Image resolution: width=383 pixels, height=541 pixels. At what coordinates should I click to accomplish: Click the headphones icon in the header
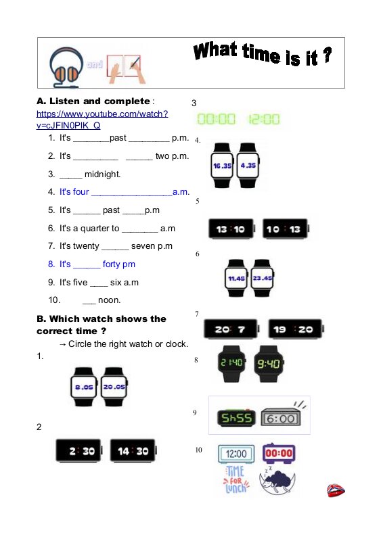click(x=66, y=67)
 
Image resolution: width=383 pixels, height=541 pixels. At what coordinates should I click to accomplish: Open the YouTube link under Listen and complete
click(x=102, y=120)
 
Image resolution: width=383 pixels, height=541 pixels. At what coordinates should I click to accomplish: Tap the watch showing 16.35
click(x=222, y=166)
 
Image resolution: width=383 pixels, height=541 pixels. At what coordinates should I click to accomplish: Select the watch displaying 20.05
click(x=114, y=387)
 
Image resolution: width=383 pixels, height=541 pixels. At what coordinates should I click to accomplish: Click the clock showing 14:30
click(x=133, y=450)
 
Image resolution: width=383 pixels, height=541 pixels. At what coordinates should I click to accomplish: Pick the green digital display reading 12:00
click(x=264, y=120)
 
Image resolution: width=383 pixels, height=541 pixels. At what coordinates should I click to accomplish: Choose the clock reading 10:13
click(x=286, y=229)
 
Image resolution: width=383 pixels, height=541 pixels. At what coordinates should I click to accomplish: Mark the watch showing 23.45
click(x=262, y=278)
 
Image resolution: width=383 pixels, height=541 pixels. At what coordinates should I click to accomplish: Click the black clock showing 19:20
click(x=296, y=329)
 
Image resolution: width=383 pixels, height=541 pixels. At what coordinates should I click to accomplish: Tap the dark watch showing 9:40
click(x=269, y=364)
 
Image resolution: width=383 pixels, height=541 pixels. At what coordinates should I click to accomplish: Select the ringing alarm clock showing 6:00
click(x=282, y=415)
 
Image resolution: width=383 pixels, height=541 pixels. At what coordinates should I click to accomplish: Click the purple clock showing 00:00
click(x=279, y=453)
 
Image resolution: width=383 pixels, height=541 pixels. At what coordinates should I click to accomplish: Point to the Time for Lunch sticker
click(x=236, y=479)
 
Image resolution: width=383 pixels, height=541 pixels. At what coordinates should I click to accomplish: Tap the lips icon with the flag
click(x=336, y=490)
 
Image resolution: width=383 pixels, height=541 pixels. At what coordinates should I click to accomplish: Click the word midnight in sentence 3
click(x=102, y=174)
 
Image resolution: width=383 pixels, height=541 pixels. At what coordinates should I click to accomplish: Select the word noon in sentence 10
click(x=109, y=300)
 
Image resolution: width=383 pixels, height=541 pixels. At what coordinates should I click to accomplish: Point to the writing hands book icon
click(x=127, y=69)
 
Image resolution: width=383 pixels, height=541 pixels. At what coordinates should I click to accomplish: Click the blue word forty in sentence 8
click(x=111, y=264)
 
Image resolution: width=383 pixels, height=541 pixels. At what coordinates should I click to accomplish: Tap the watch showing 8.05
click(x=84, y=387)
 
